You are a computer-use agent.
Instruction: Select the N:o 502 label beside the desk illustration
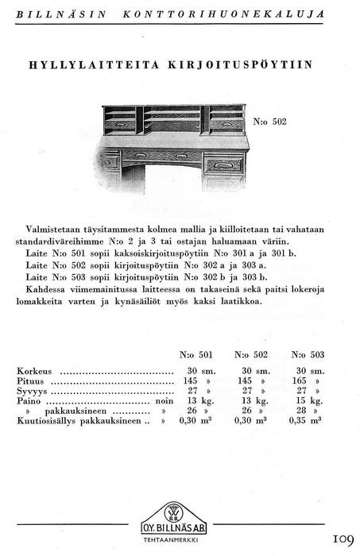[269, 122]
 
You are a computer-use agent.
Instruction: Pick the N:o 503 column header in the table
[308, 354]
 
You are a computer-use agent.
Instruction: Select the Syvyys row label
[31, 392]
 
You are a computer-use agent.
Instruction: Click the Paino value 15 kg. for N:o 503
[307, 402]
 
